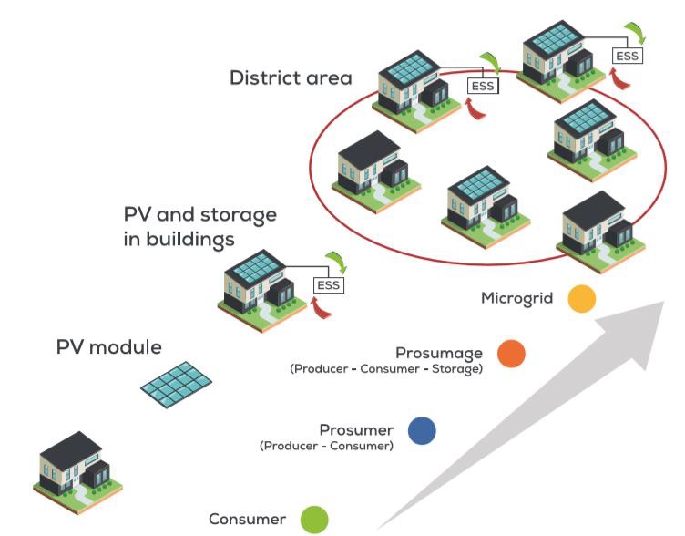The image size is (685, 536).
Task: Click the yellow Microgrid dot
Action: point(580,299)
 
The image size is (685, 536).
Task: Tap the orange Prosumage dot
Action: point(511,354)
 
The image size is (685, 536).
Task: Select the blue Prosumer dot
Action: point(422,430)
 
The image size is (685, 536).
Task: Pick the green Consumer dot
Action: point(314,520)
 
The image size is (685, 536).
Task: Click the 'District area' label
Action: point(291,78)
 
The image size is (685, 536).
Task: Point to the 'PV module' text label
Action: point(109,347)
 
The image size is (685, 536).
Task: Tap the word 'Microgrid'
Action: point(516,298)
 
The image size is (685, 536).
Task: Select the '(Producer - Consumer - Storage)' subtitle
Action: point(385,369)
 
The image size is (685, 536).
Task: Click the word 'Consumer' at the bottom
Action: point(247,520)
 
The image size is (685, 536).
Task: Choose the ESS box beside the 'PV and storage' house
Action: point(328,285)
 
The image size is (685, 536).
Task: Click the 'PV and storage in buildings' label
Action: point(199,227)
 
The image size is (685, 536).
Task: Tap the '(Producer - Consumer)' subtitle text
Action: point(326,447)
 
